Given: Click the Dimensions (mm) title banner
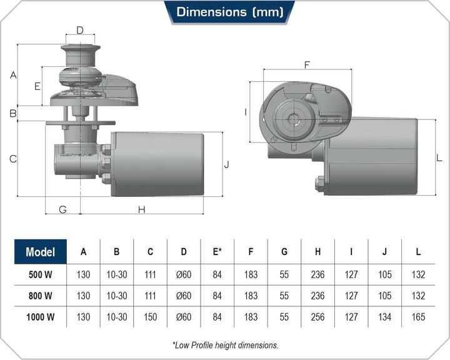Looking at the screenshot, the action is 229,12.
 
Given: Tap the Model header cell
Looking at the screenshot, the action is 41,252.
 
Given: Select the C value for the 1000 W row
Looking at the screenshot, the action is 150,317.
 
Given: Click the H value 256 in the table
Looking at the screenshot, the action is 317,317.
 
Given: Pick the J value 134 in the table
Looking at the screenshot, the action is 384,317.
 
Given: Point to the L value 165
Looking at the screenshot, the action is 418,317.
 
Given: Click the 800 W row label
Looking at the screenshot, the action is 41,296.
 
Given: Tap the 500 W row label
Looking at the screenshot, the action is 41,275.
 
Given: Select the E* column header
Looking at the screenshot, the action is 217,251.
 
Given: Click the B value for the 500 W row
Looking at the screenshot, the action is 117,275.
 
